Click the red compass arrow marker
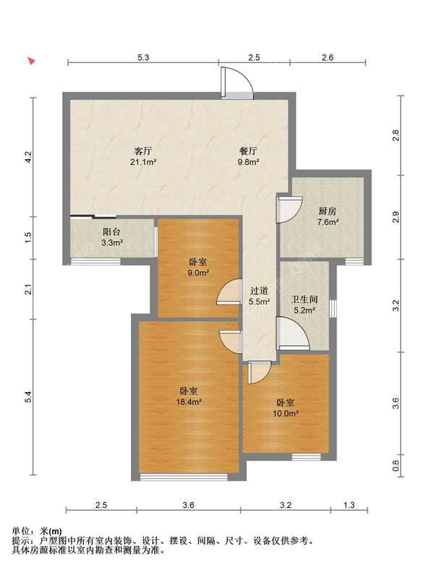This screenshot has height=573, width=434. click(32, 61)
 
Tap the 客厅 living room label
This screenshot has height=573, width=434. click(143, 151)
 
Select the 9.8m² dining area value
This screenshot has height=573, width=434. click(248, 162)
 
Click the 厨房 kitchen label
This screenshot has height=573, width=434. click(327, 211)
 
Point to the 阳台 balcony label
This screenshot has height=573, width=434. click(112, 232)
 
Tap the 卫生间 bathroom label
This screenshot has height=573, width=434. click(305, 300)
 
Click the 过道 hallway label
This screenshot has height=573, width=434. click(259, 291)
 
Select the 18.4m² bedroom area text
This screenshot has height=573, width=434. click(189, 402)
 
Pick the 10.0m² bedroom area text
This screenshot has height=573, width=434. click(286, 414)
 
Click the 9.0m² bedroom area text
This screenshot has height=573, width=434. click(197, 273)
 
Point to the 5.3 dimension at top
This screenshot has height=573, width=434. click(143, 57)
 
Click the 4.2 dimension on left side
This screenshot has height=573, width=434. click(29, 157)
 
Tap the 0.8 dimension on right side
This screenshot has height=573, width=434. click(396, 465)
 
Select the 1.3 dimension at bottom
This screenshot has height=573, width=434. click(349, 505)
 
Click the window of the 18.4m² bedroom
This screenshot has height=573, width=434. click(184, 477)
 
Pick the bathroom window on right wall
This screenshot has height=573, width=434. click(333, 309)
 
